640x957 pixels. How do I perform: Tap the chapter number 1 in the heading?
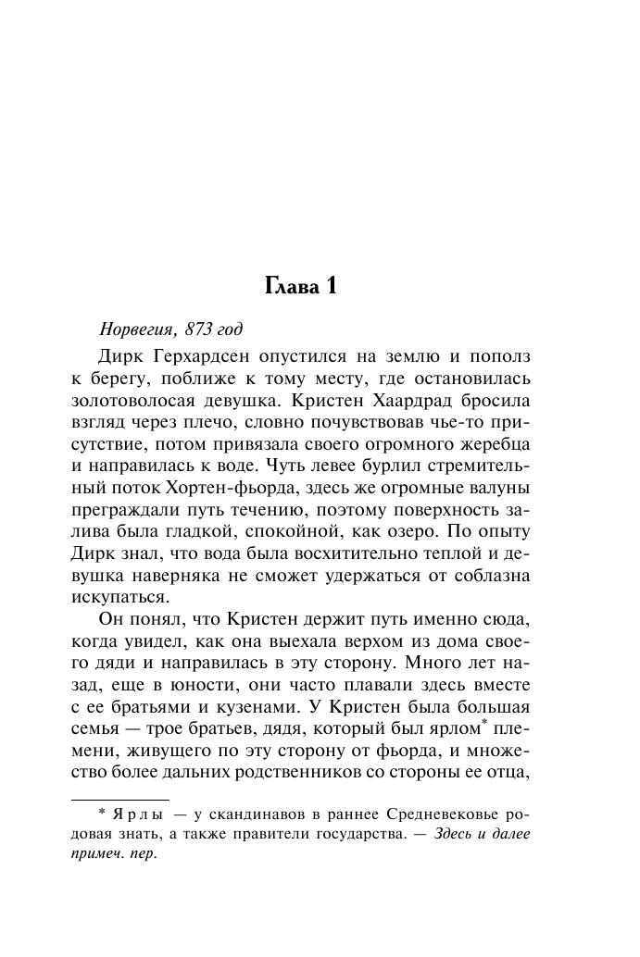328,287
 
